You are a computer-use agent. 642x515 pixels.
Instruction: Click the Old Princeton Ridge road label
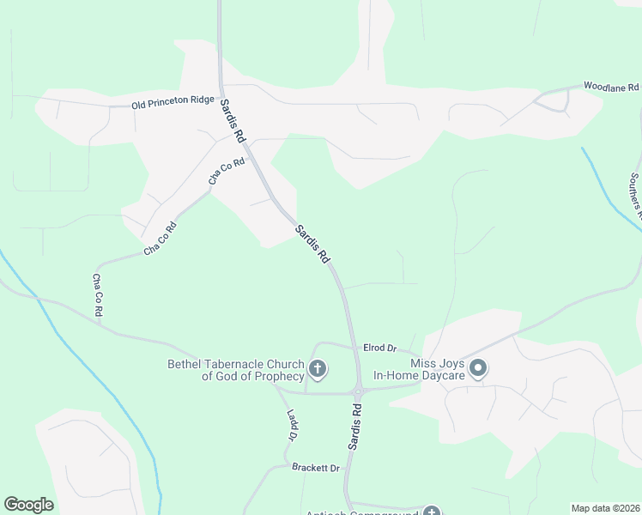tap(173, 101)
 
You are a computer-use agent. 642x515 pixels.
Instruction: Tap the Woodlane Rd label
tap(611, 87)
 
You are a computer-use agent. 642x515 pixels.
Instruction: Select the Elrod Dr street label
tap(379, 348)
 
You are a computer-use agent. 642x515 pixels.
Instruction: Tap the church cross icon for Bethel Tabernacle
tap(318, 370)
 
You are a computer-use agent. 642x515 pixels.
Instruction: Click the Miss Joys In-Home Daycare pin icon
tap(479, 370)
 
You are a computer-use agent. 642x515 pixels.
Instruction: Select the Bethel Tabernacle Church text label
tap(236, 370)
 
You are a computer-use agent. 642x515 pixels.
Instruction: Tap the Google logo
tap(28, 505)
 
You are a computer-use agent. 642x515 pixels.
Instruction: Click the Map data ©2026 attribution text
tap(605, 508)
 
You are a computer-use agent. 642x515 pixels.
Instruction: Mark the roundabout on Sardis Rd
tap(358, 391)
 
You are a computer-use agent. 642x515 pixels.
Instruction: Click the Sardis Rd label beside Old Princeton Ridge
tap(233, 121)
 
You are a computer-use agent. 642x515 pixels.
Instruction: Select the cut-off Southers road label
tap(634, 191)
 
